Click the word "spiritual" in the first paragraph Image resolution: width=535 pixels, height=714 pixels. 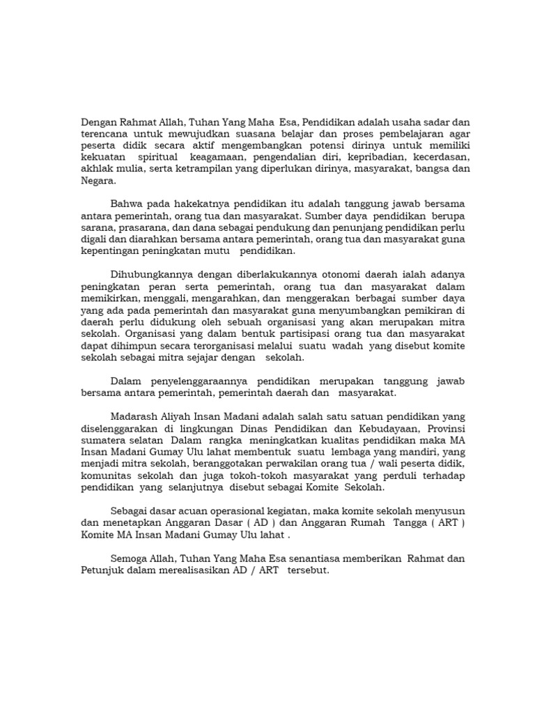coord(161,158)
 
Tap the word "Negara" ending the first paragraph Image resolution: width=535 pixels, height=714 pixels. coord(98,181)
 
